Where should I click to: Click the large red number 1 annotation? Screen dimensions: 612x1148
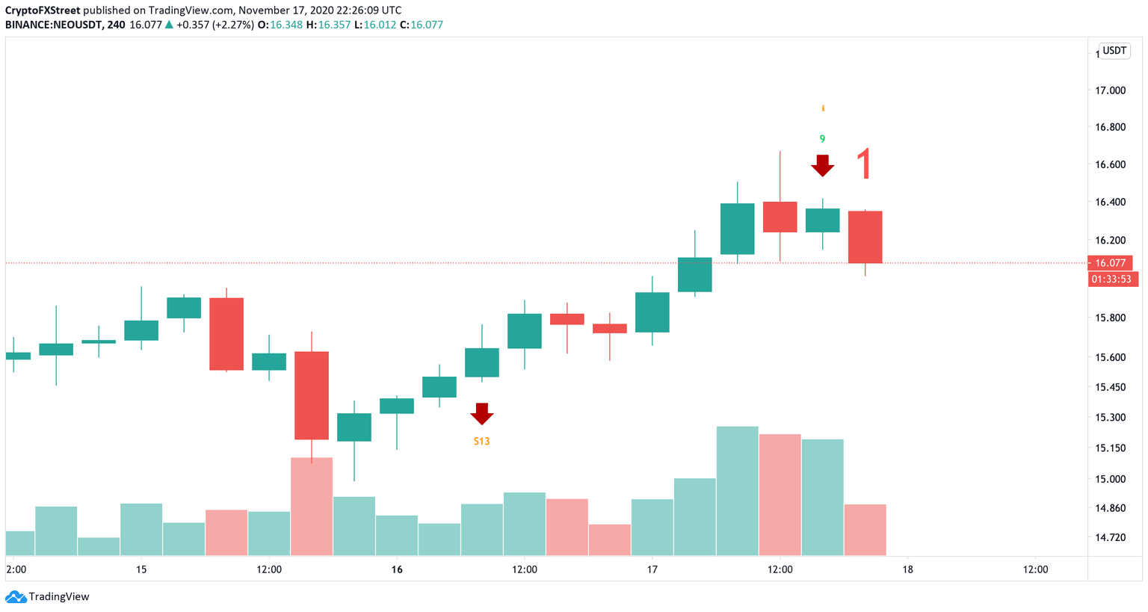(864, 164)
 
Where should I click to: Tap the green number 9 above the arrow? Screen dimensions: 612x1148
(822, 139)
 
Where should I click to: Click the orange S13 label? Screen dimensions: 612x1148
(481, 442)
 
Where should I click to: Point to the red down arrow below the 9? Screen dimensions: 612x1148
(823, 165)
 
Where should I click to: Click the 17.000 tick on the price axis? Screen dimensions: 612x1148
(1110, 90)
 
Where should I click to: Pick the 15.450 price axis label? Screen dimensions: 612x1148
(1110, 387)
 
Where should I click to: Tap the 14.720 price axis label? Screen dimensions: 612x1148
(1110, 537)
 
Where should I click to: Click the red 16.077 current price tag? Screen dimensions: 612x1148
(1111, 263)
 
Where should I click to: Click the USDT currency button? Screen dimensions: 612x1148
(1114, 51)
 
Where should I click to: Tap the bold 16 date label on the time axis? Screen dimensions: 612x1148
(397, 569)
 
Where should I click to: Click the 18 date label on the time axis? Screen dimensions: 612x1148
(907, 569)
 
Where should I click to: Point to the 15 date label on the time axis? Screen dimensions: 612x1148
(141, 569)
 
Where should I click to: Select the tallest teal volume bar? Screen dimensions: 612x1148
(737, 491)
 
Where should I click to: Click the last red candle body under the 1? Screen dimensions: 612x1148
(865, 237)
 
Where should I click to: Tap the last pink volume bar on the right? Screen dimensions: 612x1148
(865, 530)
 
